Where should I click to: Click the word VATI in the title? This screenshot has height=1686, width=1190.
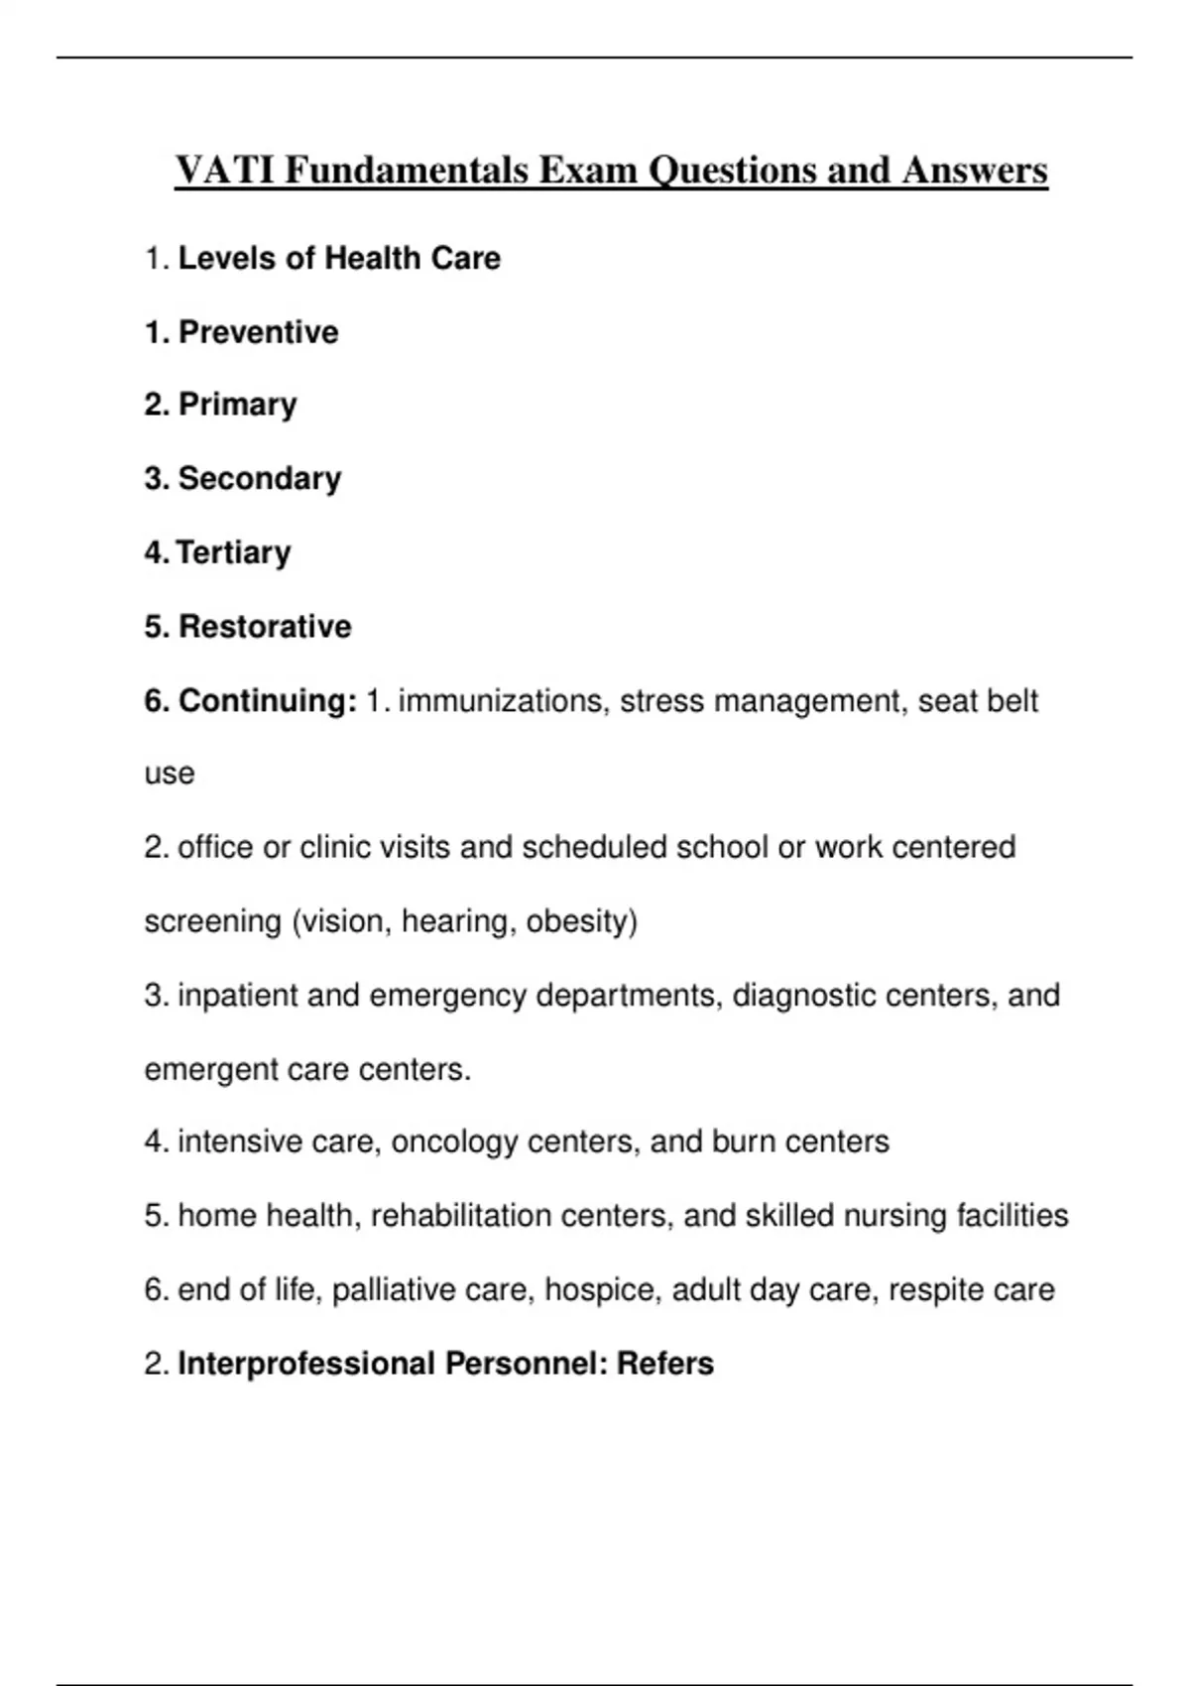(225, 171)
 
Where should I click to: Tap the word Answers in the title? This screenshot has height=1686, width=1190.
(975, 171)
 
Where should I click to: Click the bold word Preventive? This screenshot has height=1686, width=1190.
(258, 332)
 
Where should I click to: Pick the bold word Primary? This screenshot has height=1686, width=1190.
(237, 405)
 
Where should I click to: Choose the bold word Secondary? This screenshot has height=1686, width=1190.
(260, 479)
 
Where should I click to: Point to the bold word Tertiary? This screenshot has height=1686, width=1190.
(234, 552)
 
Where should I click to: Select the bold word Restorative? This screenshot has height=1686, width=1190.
(265, 627)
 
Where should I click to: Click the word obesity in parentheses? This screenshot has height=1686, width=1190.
(581, 921)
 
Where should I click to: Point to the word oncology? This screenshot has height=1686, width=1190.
(455, 1142)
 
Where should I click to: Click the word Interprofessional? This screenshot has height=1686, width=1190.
(306, 1364)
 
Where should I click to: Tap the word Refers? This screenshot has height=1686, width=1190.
(665, 1364)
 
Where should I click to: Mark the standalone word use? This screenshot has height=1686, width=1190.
(170, 775)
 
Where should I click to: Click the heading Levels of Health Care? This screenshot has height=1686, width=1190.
(339, 259)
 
